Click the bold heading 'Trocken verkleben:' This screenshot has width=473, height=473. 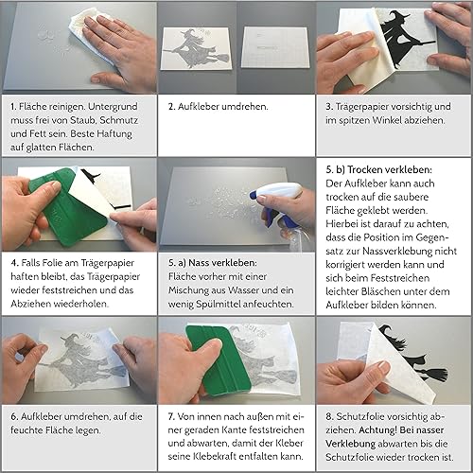[x=390, y=169]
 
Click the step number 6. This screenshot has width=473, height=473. [x=14, y=416]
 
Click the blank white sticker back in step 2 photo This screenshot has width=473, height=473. [x=274, y=47]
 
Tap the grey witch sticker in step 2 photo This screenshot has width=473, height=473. [x=196, y=48]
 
